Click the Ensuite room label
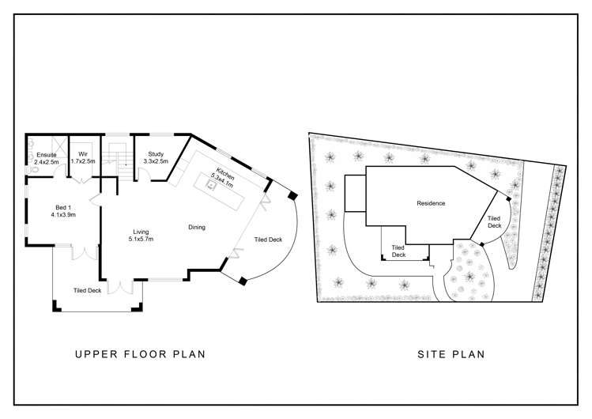tap(47, 158)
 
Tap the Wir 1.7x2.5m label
tap(83, 157)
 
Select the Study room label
tap(156, 157)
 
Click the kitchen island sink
tap(210, 185)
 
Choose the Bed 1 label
tap(63, 211)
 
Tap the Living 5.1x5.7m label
tap(141, 235)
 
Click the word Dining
tap(197, 227)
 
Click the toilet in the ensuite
tap(32, 170)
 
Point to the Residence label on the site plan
tap(431, 203)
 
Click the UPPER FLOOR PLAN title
tap(141, 354)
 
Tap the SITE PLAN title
tap(451, 354)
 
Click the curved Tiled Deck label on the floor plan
tap(268, 240)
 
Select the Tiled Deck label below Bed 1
tap(87, 290)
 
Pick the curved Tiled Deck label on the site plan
tap(494, 222)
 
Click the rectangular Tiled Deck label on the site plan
tap(398, 251)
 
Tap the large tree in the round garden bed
tap(469, 277)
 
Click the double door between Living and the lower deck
tap(120, 286)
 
